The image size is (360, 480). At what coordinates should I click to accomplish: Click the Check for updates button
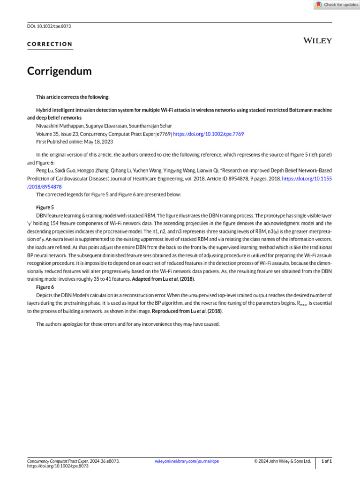tap(337, 5)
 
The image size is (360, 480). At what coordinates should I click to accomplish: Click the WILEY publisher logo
tap(318, 41)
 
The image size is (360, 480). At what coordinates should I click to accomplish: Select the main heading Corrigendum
tap(59, 71)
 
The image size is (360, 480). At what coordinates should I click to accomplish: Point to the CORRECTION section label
tap(50, 45)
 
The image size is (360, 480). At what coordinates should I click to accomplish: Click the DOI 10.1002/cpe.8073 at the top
tap(49, 26)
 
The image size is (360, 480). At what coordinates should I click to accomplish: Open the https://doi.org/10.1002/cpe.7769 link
tap(208, 134)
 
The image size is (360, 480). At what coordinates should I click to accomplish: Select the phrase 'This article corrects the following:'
tap(73, 97)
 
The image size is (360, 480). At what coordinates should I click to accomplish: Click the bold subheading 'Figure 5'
tap(45, 207)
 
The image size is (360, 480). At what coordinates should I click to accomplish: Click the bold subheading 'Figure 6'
tap(45, 287)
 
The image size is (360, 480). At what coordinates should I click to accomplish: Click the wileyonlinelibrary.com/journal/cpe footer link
tap(187, 461)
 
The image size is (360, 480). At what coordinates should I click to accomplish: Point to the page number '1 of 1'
tap(326, 461)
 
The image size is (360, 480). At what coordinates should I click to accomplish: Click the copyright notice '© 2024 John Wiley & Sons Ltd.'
tap(282, 461)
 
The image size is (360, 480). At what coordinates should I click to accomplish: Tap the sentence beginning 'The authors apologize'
tap(127, 324)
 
